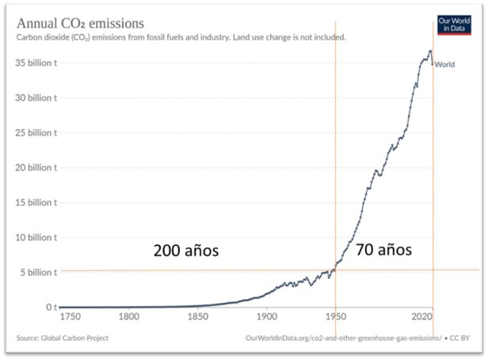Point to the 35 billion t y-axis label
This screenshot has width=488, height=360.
[36, 63]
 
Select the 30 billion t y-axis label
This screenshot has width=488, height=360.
[36, 98]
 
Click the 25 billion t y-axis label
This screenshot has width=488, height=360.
[36, 132]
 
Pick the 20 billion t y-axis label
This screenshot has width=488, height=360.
[36, 167]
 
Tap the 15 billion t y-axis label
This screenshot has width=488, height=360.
[36, 202]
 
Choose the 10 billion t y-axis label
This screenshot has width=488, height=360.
[36, 237]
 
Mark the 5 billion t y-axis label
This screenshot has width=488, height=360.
[39, 272]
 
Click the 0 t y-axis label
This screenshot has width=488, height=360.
[50, 307]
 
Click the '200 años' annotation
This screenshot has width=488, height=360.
[185, 251]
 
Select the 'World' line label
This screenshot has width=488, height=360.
[444, 65]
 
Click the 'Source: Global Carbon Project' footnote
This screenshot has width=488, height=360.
[62, 339]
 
